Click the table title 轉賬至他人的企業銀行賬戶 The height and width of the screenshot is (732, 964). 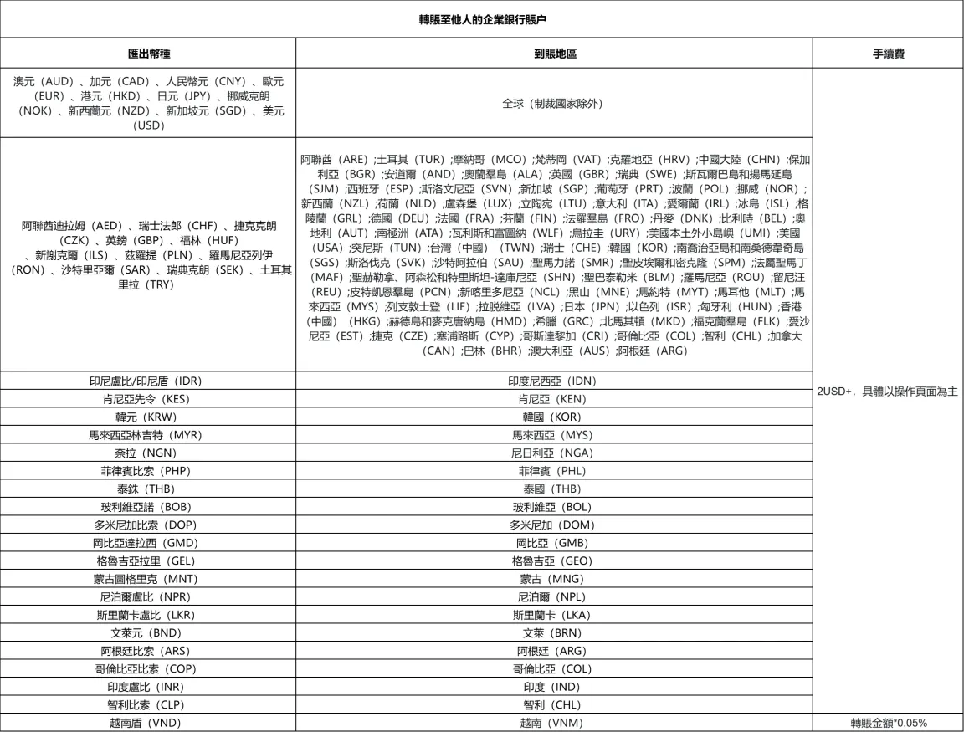481,18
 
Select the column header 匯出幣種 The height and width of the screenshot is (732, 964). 148,53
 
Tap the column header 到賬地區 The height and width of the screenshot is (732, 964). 555,53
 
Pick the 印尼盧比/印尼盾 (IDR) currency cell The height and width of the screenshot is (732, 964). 148,381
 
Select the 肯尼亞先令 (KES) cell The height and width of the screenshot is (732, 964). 148,399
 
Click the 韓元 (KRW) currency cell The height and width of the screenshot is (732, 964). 148,417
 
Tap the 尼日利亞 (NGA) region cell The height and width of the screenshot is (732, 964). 555,453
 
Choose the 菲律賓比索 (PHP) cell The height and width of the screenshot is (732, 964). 148,470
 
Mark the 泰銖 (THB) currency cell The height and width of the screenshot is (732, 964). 148,489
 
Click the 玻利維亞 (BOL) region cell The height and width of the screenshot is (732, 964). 555,507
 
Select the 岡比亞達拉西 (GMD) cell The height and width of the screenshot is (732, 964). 148,543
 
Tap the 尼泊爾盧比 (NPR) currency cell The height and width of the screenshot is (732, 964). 148,596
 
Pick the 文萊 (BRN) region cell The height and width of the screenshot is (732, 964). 555,632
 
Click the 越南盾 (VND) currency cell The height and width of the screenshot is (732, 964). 148,723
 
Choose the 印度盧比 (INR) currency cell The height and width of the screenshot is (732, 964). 148,687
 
